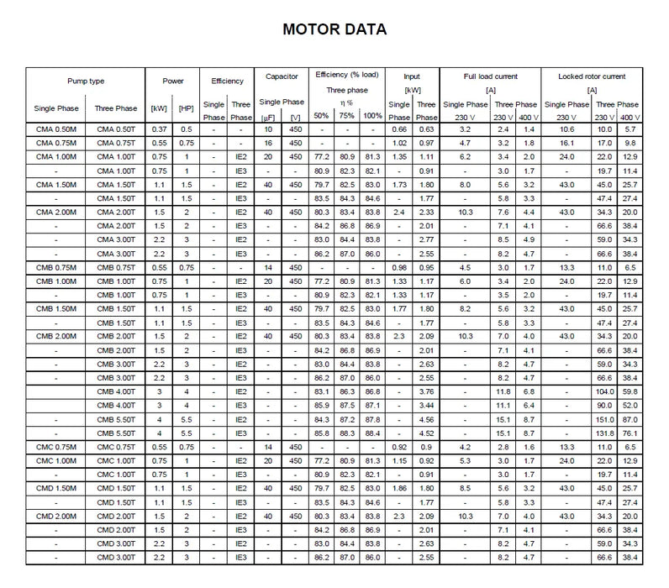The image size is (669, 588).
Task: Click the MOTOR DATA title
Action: (x=334, y=29)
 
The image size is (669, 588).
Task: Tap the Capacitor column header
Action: (x=282, y=76)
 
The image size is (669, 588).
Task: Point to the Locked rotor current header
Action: (x=592, y=76)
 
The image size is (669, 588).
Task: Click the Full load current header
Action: (x=489, y=76)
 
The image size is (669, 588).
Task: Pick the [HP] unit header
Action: (x=187, y=108)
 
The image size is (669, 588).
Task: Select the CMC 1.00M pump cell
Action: (x=55, y=462)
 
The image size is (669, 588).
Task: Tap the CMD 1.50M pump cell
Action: (x=55, y=487)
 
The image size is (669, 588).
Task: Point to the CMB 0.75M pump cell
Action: (x=55, y=267)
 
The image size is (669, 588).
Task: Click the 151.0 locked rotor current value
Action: (x=604, y=418)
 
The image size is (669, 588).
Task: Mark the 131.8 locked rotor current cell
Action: (x=604, y=432)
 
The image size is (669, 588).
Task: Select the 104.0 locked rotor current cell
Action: (x=604, y=391)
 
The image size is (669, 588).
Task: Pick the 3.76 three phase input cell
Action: (x=426, y=391)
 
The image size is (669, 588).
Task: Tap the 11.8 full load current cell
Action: (x=503, y=391)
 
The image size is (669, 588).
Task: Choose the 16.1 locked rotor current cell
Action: (x=566, y=144)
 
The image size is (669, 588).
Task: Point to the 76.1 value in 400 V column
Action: (x=630, y=432)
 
